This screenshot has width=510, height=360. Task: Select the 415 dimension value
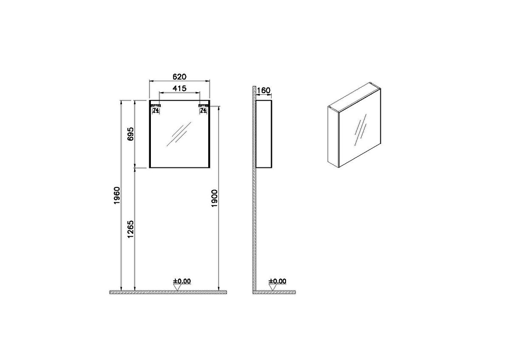point(180,89)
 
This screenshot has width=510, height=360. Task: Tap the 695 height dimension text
point(131,134)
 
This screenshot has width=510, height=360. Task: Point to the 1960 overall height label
point(117,195)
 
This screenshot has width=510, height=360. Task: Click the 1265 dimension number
point(131,229)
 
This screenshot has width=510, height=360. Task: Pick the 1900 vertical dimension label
point(215,198)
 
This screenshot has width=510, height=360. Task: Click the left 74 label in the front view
point(156,110)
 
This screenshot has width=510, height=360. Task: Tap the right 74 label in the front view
point(203,110)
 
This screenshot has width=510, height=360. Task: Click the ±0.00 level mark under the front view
point(182,281)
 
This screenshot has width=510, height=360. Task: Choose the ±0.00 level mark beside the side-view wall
point(278,281)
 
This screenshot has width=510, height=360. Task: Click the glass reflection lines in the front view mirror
point(178,133)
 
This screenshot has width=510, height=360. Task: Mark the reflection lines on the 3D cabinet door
point(361,127)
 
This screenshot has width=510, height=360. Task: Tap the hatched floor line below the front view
point(168,292)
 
